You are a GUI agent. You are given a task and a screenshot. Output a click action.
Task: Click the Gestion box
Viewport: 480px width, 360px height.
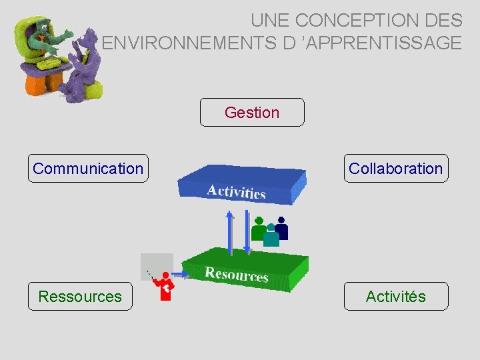(x=252, y=113)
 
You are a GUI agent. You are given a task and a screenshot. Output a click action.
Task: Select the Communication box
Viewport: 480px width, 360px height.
(x=88, y=169)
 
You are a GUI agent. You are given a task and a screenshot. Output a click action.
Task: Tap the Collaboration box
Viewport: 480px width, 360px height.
(x=395, y=169)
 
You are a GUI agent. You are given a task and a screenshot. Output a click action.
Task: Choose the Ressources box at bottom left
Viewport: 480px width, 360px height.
(x=80, y=297)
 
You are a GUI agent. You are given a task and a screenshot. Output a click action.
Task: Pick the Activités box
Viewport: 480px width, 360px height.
(x=395, y=297)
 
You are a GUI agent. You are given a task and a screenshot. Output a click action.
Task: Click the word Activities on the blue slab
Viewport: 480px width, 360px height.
(x=236, y=191)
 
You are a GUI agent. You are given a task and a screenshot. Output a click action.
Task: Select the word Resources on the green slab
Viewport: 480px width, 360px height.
(x=237, y=273)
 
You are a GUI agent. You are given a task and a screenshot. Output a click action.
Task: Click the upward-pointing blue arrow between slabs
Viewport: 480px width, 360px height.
(x=230, y=233)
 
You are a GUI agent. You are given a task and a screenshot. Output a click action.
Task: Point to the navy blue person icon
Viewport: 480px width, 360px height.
(x=281, y=229)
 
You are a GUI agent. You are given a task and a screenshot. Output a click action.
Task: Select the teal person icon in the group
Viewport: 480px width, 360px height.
(x=271, y=237)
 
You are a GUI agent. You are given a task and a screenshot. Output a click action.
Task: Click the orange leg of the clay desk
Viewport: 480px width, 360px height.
(x=35, y=83)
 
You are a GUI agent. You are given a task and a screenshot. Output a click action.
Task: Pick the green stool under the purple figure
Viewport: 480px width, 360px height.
(x=93, y=90)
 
